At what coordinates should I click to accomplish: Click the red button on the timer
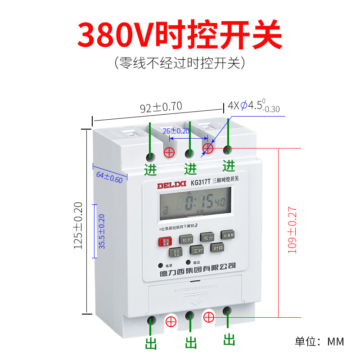pyautogui.click(x=164, y=242)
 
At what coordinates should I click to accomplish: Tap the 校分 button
pyautogui.click(x=208, y=238)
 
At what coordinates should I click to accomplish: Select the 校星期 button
pyautogui.click(x=228, y=235)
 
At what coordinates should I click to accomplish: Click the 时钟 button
pyautogui.click(x=218, y=248)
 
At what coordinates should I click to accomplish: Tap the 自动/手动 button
pyautogui.click(x=176, y=253)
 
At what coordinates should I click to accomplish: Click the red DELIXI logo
pyautogui.click(x=169, y=184)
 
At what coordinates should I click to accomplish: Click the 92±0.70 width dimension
pyautogui.click(x=161, y=108)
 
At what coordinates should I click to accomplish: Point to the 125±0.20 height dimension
pyautogui.click(x=79, y=225)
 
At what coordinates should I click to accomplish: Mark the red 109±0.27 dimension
pyautogui.click(x=292, y=229)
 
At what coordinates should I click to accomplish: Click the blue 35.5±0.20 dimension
pyautogui.click(x=102, y=231)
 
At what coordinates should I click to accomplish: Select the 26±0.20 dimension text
pyautogui.click(x=176, y=131)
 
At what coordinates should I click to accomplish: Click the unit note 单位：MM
pyautogui.click(x=319, y=341)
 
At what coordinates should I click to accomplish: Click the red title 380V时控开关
pyautogui.click(x=180, y=34)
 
